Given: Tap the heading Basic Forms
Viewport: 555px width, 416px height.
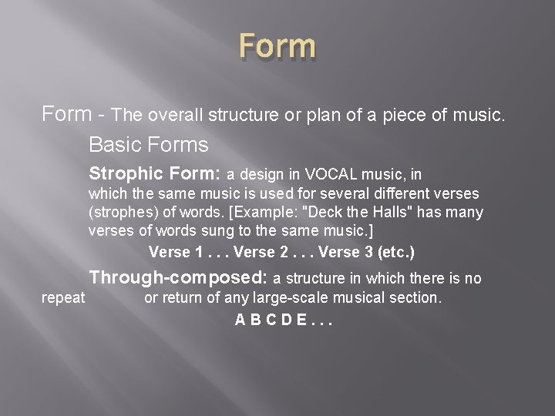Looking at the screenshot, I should tap(149, 144).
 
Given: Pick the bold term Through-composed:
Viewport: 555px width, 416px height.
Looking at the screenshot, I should tap(178, 278).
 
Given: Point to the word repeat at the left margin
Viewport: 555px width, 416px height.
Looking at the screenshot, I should tap(62, 297).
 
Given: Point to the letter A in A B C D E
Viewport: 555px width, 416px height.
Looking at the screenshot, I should tap(240, 318).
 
